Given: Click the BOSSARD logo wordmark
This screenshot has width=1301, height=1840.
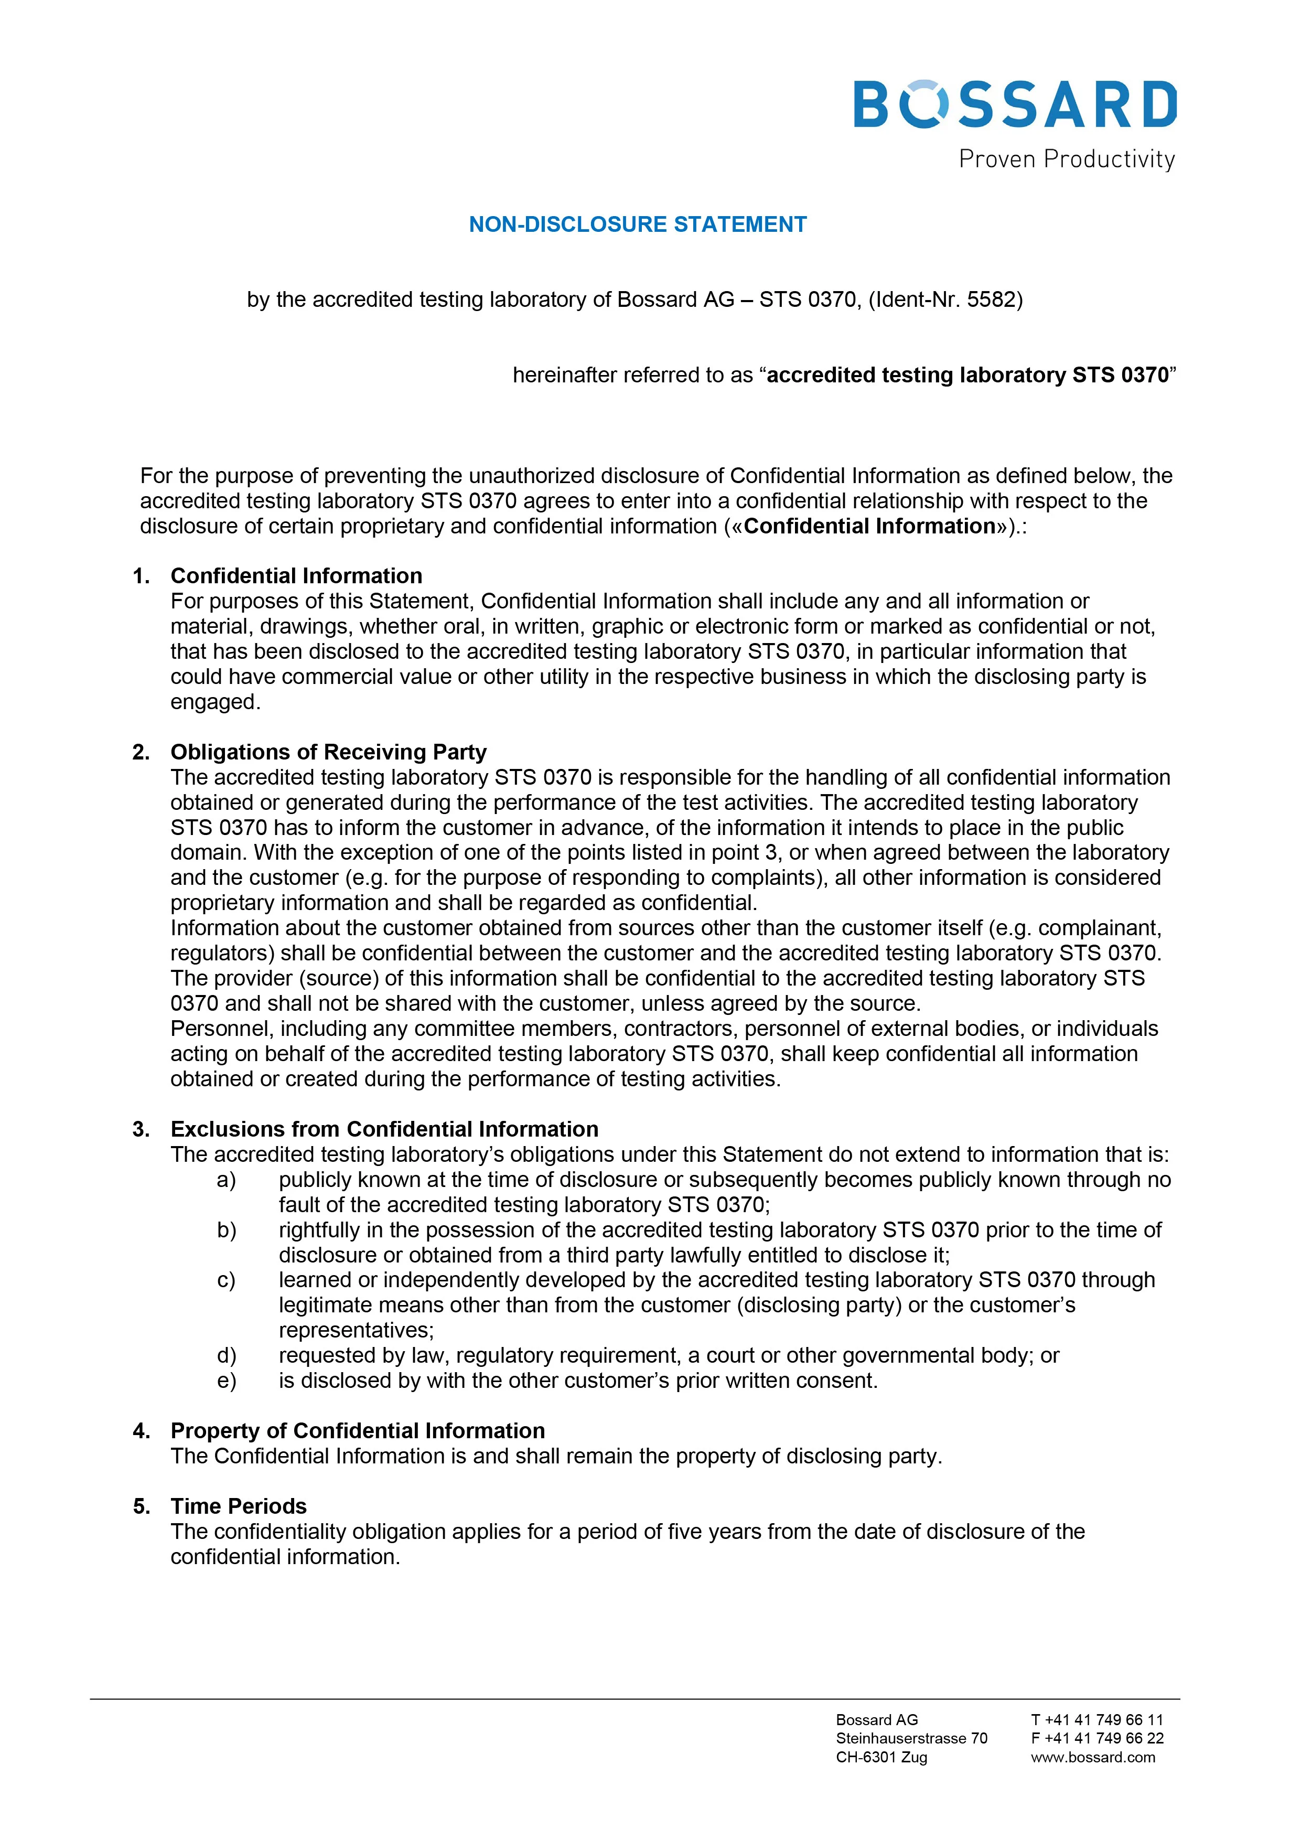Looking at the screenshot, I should coord(1014,104).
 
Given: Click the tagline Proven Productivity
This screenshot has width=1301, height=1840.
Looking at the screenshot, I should coord(1066,159).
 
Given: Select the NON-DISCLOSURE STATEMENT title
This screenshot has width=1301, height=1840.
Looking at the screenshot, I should coord(638,224).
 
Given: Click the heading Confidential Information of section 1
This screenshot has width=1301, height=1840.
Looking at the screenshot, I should coord(296,576).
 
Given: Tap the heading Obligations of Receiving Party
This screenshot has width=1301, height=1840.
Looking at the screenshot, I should coord(328,753).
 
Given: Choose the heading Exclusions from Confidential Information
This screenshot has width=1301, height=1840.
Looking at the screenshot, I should coord(384,1129).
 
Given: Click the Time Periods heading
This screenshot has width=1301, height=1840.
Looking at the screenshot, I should coord(239,1506).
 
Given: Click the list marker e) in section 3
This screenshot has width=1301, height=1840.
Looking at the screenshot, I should coord(227,1381).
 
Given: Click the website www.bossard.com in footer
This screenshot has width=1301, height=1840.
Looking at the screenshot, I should coord(1093,1758).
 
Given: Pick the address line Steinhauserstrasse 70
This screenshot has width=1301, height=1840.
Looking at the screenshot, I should coord(911,1738).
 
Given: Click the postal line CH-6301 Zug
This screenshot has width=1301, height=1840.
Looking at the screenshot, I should coord(881,1758).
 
